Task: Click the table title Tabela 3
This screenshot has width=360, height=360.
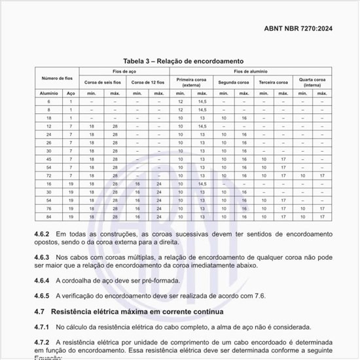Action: point(179,60)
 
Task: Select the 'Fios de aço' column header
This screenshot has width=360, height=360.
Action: point(122,71)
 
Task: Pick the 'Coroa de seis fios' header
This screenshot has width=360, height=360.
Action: point(101,82)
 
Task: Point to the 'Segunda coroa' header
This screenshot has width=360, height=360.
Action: point(234,82)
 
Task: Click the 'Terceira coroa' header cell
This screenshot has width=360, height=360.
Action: point(274,82)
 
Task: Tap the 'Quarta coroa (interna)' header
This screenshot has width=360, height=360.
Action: point(312,82)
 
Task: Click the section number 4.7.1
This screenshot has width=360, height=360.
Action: point(44,327)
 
